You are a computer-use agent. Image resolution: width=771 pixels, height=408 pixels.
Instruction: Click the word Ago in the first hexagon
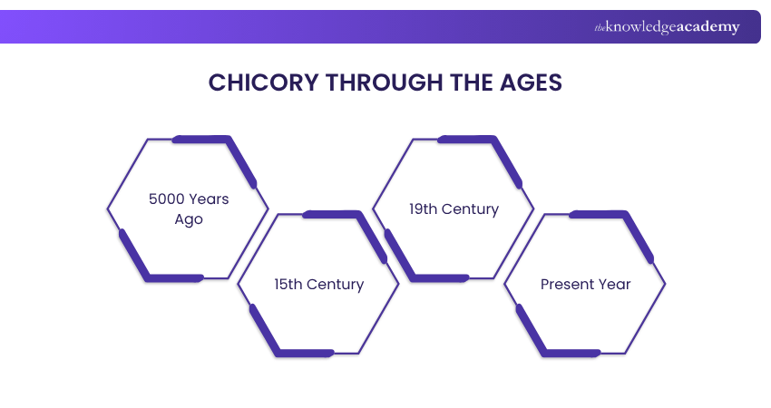(x=189, y=219)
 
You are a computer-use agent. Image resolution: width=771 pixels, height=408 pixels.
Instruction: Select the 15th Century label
(x=318, y=284)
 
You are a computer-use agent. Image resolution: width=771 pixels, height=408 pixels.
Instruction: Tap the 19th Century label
(x=454, y=209)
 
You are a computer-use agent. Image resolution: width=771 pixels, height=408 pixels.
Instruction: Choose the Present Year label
(x=585, y=284)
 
